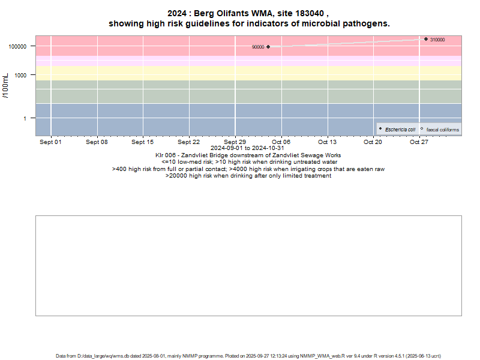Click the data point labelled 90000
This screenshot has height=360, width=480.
tap(268, 47)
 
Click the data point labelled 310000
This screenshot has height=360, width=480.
tap(426, 39)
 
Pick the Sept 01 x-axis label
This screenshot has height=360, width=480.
tap(50, 142)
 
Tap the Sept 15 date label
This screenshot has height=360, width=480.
tap(143, 142)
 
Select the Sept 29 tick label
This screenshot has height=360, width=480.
tap(235, 142)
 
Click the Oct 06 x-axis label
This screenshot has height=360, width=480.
tap(281, 142)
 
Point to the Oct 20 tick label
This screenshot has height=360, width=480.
tap(373, 142)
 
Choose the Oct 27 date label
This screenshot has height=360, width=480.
tap(419, 142)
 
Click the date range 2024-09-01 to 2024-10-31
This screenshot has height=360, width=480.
tap(248, 148)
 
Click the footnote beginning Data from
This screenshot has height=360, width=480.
tap(248, 356)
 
